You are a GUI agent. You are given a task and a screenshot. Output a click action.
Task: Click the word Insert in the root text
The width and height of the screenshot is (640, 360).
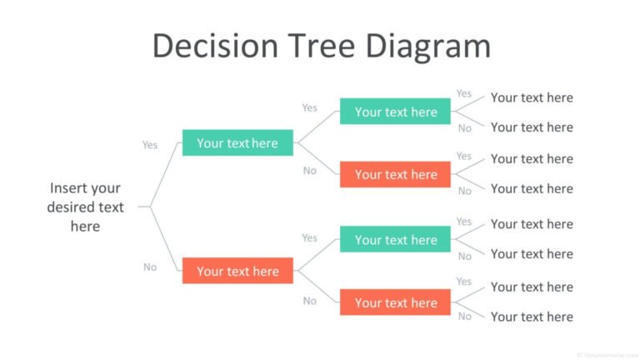click(x=67, y=188)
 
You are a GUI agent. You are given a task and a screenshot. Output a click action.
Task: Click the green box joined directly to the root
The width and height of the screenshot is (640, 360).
click(x=237, y=143)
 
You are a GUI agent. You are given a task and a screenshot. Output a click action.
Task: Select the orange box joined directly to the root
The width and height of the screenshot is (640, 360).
click(x=237, y=271)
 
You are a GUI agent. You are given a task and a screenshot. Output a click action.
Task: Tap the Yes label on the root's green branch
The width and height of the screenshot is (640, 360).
click(x=150, y=145)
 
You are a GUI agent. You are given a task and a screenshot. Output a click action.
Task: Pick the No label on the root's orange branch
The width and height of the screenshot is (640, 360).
click(x=150, y=267)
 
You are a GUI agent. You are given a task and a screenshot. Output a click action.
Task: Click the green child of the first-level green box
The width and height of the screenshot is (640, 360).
click(x=395, y=112)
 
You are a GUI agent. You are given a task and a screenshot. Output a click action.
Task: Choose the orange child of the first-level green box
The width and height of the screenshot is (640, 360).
click(x=395, y=174)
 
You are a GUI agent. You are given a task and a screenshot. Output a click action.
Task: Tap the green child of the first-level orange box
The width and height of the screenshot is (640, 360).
click(x=395, y=240)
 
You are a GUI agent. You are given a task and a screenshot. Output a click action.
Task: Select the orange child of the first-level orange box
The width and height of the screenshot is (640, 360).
click(x=395, y=302)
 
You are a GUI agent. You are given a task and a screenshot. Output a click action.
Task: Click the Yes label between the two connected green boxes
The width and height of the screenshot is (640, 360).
click(x=310, y=107)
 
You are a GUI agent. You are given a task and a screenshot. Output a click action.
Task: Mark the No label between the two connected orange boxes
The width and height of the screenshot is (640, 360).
click(x=310, y=301)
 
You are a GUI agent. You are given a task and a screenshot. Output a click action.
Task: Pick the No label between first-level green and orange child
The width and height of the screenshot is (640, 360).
click(x=310, y=171)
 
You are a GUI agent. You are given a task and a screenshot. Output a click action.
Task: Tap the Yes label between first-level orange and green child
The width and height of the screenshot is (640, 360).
click(x=310, y=237)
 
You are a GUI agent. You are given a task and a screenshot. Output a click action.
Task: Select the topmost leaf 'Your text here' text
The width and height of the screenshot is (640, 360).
click(x=532, y=97)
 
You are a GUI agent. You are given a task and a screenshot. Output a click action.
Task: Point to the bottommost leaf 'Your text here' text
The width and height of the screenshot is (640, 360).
click(x=532, y=317)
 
